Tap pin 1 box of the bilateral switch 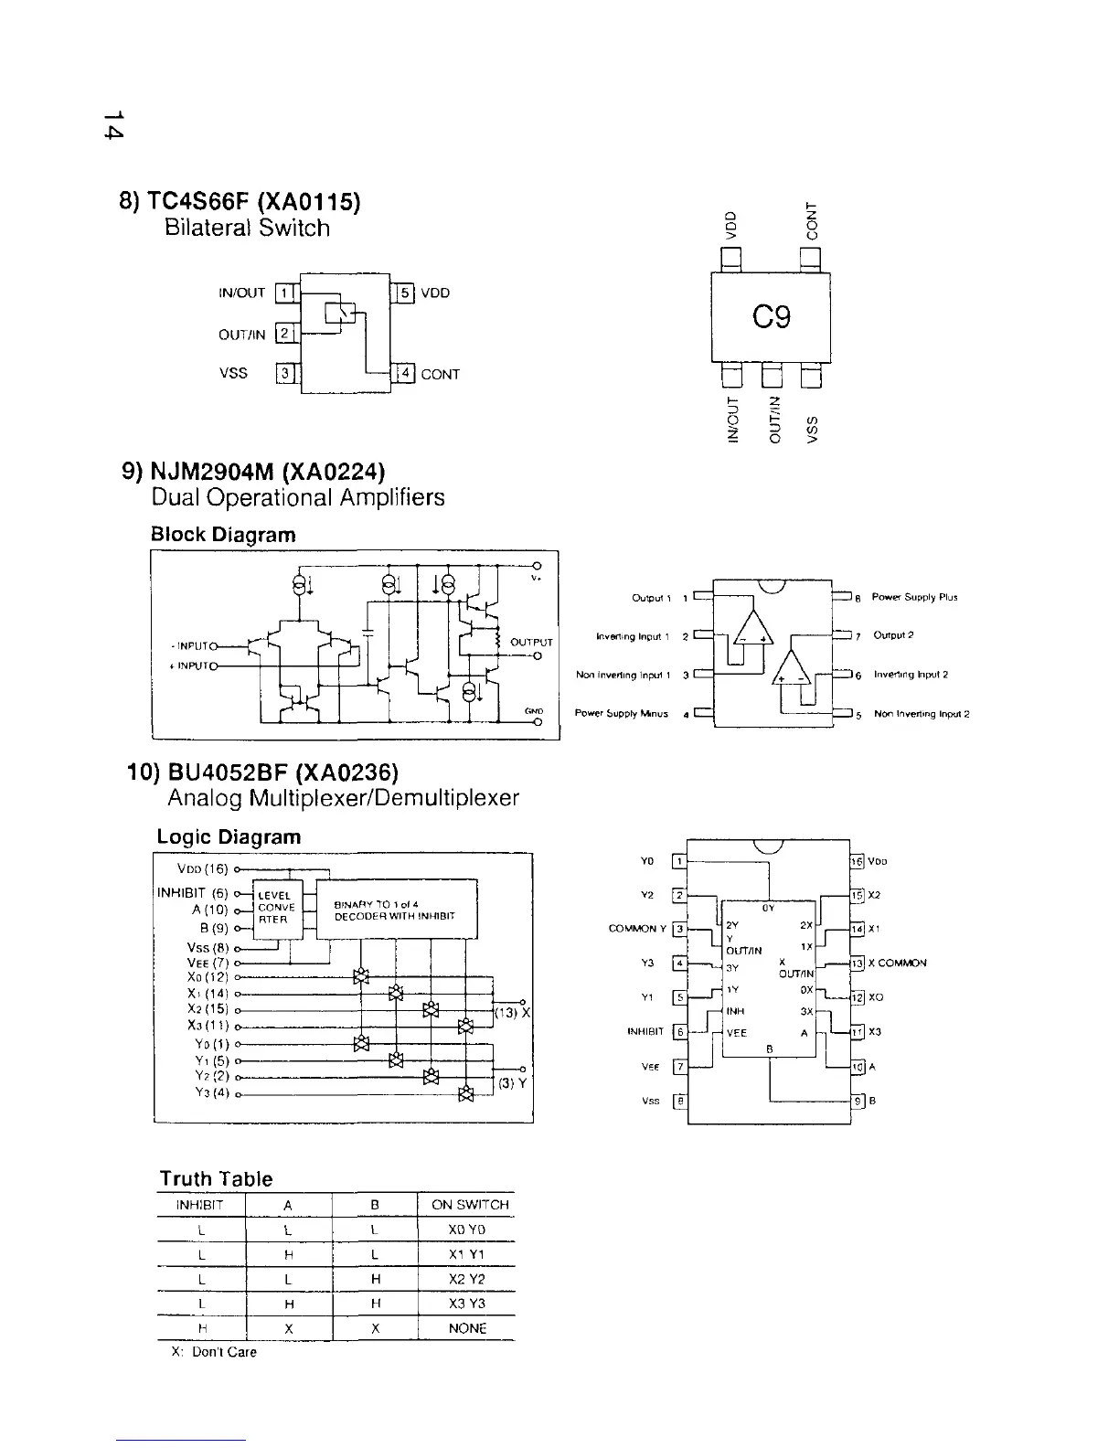pyautogui.click(x=285, y=293)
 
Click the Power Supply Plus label pyautogui.click(x=914, y=598)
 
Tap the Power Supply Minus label pyautogui.click(x=622, y=713)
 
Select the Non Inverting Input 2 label pyautogui.click(x=922, y=713)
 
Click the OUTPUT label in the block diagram pyautogui.click(x=530, y=642)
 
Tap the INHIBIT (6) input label pyautogui.click(x=192, y=893)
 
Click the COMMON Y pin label pyautogui.click(x=637, y=930)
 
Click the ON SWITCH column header pyautogui.click(x=469, y=1206)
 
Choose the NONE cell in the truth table pyautogui.click(x=467, y=1328)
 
